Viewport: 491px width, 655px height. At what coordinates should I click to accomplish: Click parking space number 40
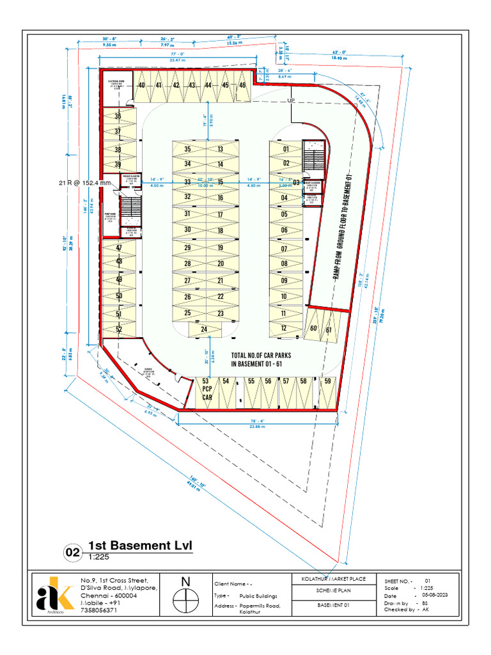point(141,85)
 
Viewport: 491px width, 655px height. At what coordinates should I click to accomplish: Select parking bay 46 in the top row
point(242,85)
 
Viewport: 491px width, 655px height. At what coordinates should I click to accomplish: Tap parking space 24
point(205,329)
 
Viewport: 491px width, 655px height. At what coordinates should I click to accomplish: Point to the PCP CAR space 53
point(207,389)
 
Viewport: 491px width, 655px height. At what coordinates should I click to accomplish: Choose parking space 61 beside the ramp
point(329,329)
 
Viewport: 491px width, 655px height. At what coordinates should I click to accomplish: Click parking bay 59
point(327,381)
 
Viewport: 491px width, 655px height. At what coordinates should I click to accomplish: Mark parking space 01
point(285,149)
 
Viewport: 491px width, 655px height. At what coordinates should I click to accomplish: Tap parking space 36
point(118,116)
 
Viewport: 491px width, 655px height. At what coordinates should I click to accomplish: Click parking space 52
point(119,329)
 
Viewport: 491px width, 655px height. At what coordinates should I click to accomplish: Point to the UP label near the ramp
point(292,101)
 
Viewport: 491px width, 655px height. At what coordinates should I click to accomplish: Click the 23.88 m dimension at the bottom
point(257,426)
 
